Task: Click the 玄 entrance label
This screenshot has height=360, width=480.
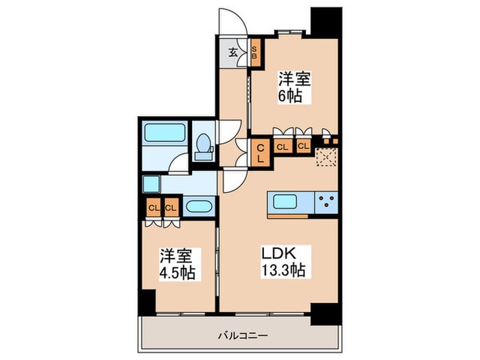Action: coord(232,51)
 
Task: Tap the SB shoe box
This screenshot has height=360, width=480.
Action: coord(254,52)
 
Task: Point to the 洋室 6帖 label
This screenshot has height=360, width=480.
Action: coord(295,86)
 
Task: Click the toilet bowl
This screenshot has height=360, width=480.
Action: coord(204,146)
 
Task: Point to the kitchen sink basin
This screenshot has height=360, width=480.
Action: coord(291,202)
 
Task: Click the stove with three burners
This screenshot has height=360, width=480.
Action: coord(326,202)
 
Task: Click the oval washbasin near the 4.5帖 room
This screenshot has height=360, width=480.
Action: coord(199,206)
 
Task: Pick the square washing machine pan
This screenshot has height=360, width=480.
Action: coord(151,184)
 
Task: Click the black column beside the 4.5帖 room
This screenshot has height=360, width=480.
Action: coord(146,300)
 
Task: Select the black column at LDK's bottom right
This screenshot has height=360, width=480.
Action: coord(325,312)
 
